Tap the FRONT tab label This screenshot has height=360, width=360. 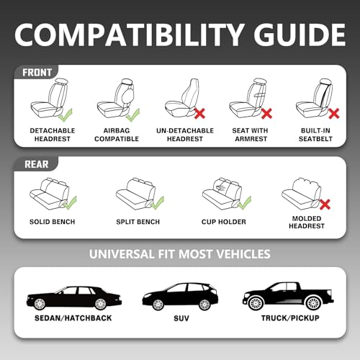click(x=36, y=72)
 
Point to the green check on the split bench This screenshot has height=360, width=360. click(x=158, y=202)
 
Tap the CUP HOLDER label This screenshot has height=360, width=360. click(x=222, y=221)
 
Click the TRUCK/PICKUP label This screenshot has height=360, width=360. click(x=287, y=318)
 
